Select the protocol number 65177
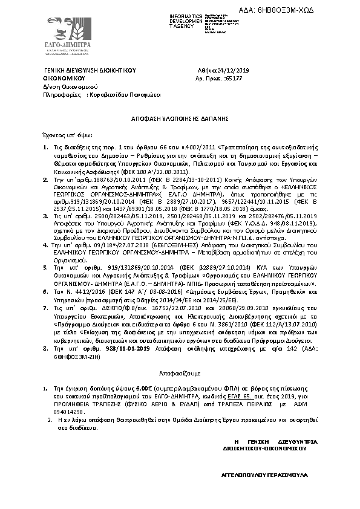233,79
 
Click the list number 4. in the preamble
45,245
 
